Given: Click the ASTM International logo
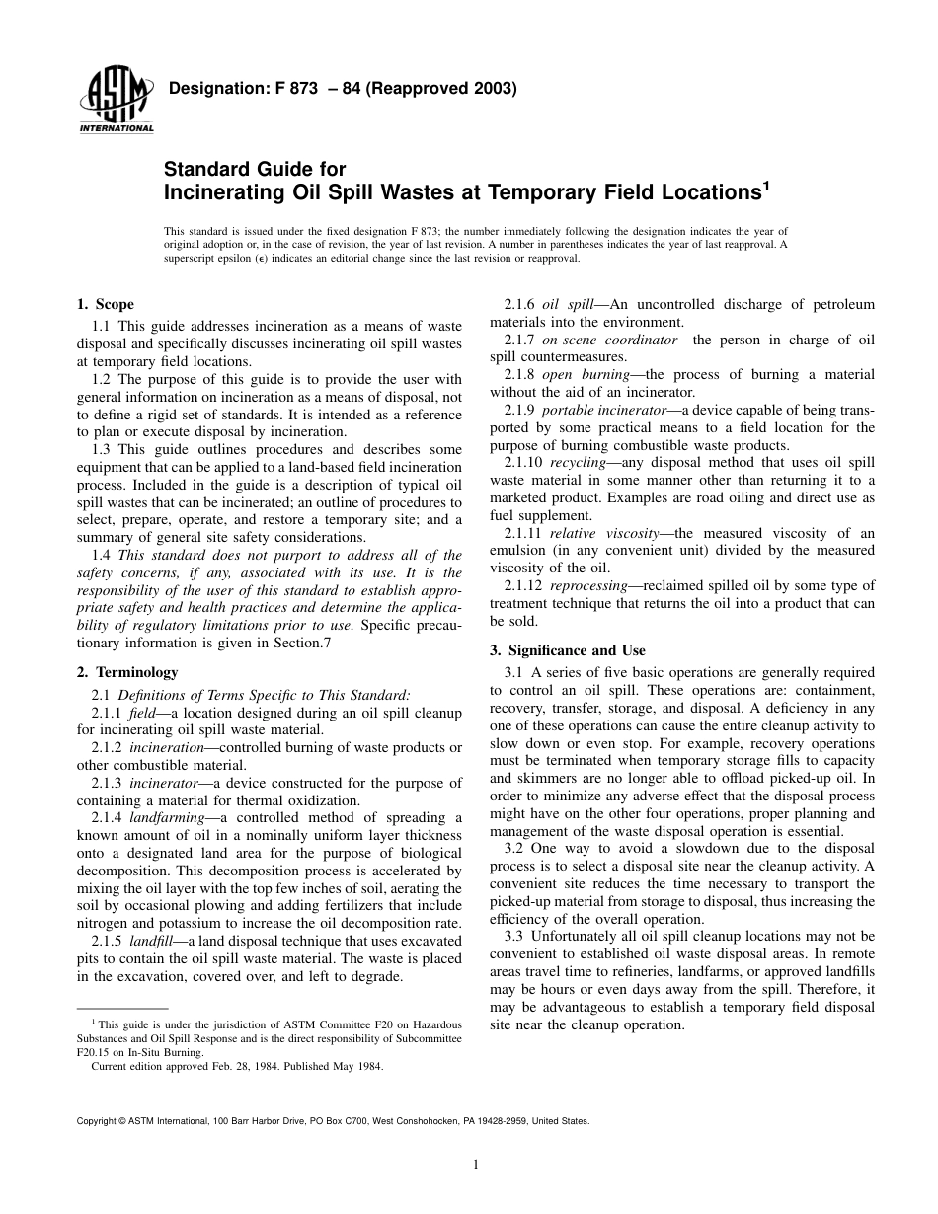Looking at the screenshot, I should pyautogui.click(x=115, y=104).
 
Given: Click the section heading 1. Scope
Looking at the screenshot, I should pyautogui.click(x=105, y=304).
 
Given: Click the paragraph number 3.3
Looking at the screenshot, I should pyautogui.click(x=515, y=936).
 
